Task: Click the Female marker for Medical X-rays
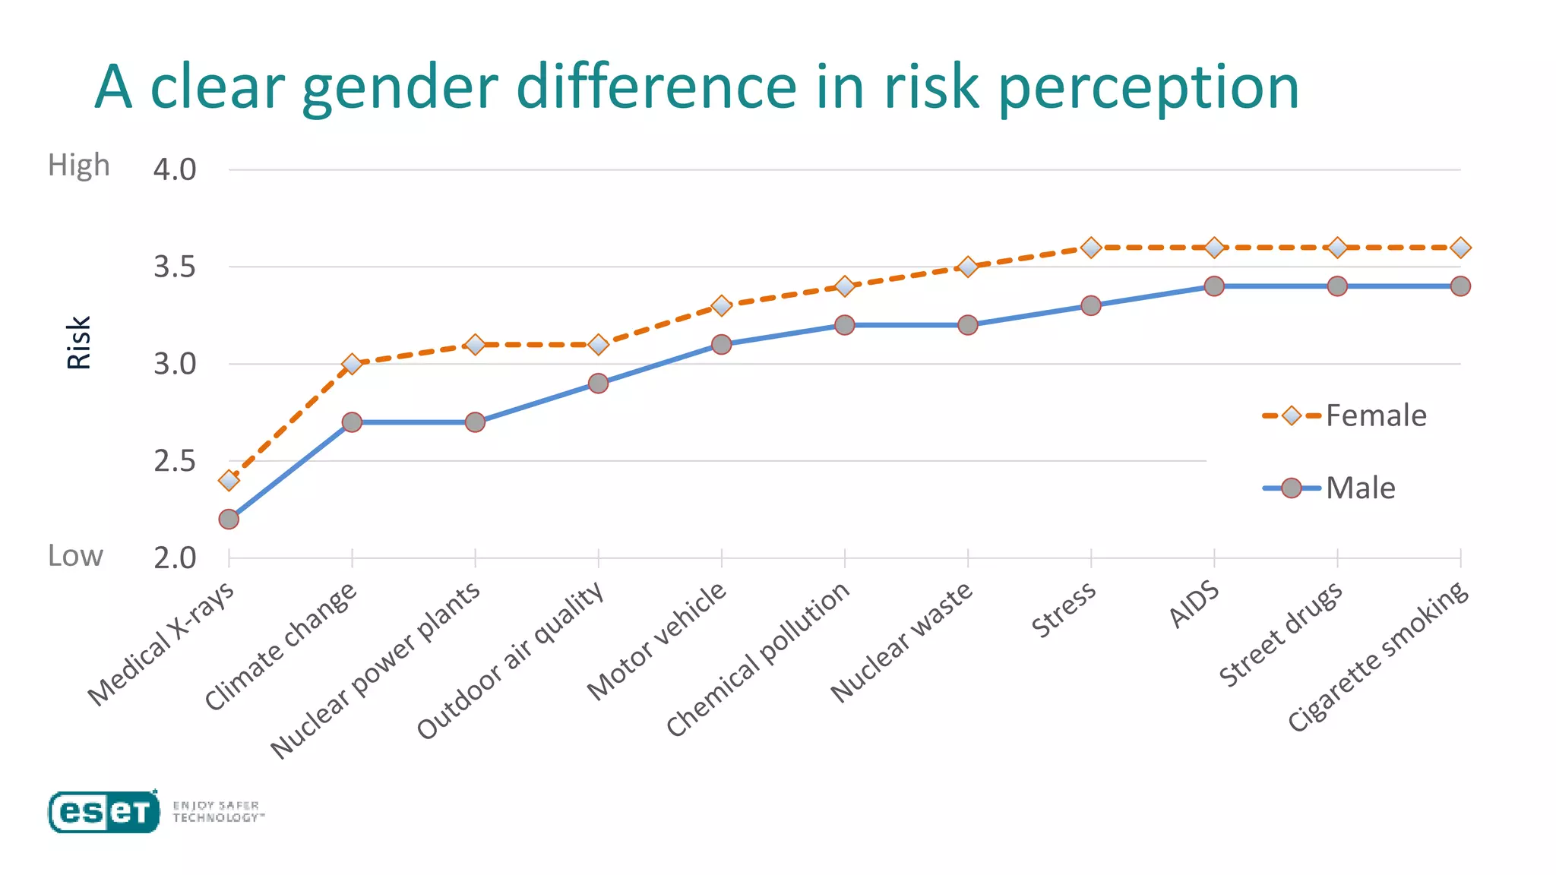coord(229,480)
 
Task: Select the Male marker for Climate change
coord(352,422)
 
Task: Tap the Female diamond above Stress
coord(1091,248)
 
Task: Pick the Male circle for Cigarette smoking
coord(1460,286)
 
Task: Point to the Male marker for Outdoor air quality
coord(598,383)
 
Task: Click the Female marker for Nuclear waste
coord(968,267)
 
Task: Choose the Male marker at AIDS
coord(1214,286)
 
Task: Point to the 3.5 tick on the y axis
coord(174,267)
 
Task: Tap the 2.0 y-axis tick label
coord(174,558)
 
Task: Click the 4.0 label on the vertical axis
coord(174,169)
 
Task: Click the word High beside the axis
coord(78,165)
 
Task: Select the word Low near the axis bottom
coord(74,555)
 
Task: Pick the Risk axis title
coord(79,343)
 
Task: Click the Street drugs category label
coord(1281,635)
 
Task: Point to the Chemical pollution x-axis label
coord(758,659)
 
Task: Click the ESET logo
coord(104,812)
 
